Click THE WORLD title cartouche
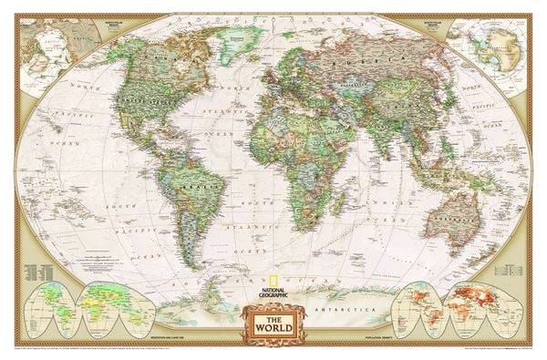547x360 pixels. click(x=273, y=324)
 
